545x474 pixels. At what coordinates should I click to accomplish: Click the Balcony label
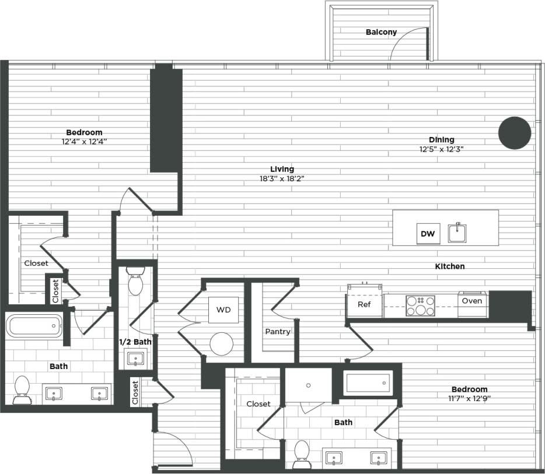[381, 32]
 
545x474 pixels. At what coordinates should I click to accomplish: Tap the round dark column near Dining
[514, 132]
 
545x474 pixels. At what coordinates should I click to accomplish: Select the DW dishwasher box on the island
[428, 234]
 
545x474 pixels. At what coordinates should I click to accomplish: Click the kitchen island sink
[457, 233]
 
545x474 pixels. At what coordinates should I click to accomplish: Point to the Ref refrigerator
[364, 304]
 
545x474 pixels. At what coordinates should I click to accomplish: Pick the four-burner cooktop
[421, 306]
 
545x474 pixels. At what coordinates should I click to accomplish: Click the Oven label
[471, 301]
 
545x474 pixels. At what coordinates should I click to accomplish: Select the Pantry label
[278, 332]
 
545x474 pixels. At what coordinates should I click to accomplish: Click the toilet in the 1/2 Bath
[135, 283]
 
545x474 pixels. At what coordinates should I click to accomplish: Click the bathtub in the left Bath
[33, 325]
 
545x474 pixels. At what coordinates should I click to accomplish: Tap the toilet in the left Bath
[22, 389]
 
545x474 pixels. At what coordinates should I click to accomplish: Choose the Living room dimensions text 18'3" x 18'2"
[282, 178]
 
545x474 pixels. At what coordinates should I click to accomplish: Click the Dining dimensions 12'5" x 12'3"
[441, 149]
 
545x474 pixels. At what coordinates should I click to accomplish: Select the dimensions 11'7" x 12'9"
[469, 399]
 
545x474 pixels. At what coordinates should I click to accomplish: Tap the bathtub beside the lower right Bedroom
[367, 383]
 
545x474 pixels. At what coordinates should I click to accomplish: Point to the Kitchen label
[450, 266]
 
